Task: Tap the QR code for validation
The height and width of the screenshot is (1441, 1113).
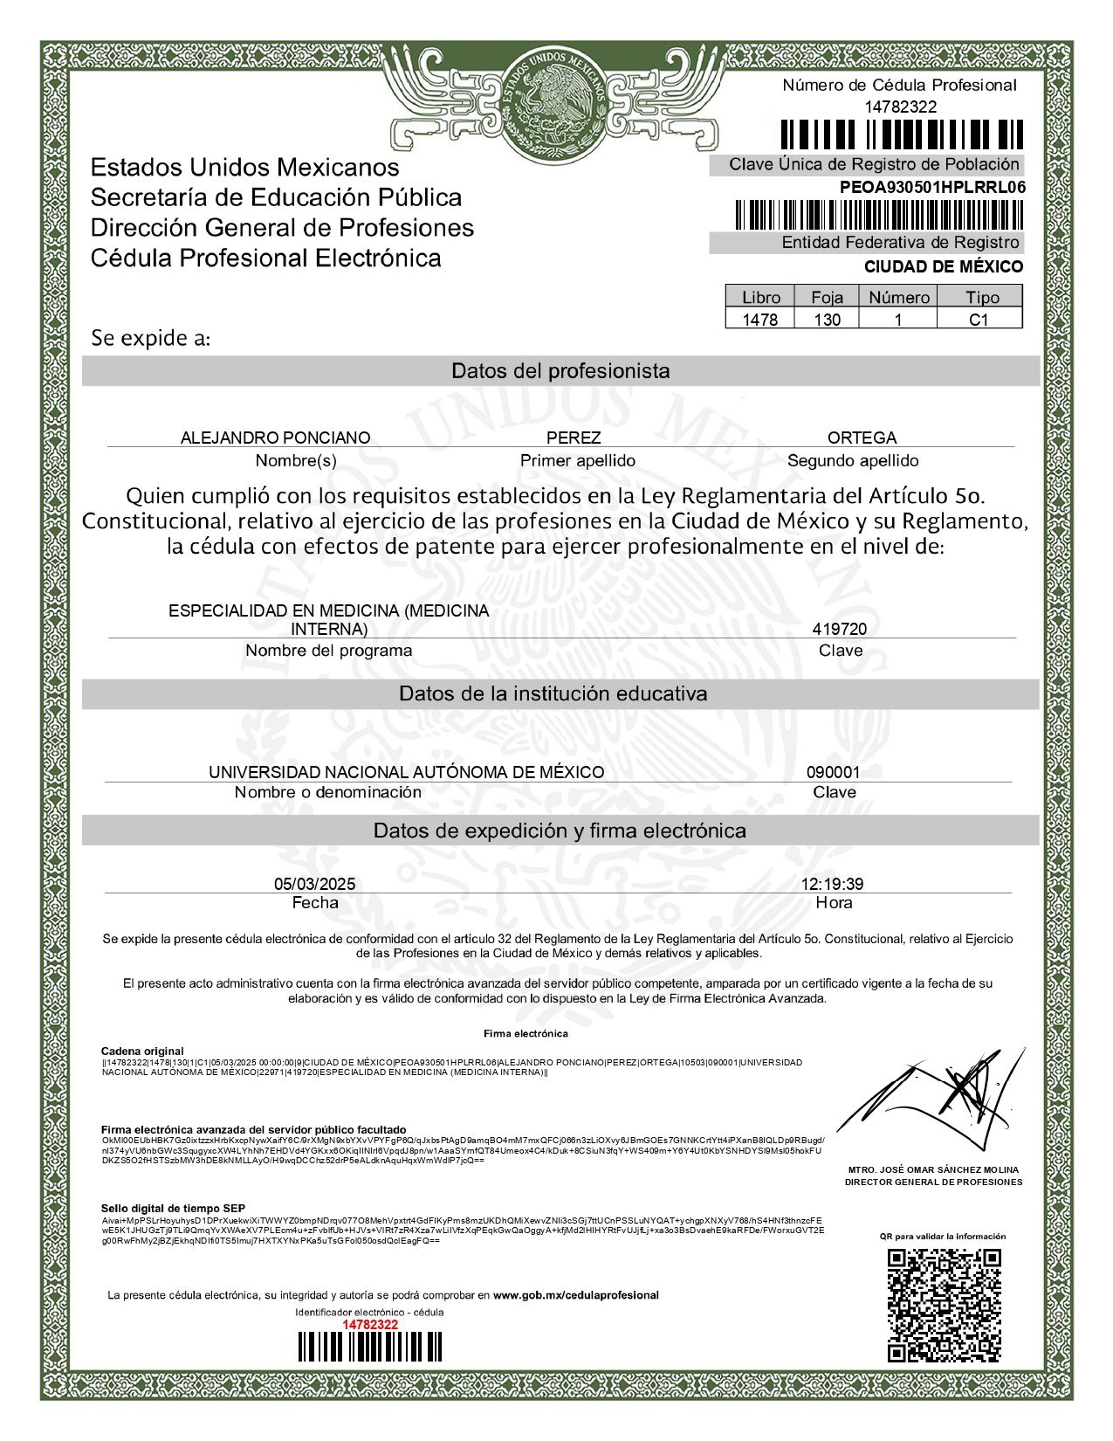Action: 944,1305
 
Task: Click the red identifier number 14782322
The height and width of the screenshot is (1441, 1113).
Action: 370,1324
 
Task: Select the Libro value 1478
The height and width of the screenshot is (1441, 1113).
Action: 759,320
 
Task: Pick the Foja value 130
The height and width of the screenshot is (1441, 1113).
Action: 827,320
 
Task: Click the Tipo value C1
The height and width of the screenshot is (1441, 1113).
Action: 979,320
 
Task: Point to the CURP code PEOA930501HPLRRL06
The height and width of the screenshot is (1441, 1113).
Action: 932,187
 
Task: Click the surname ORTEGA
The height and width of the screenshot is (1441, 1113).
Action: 862,438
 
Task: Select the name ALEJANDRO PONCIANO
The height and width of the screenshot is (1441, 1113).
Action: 275,438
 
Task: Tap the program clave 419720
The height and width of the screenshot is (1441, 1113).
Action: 839,629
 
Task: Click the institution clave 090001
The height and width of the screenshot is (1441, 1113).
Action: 833,772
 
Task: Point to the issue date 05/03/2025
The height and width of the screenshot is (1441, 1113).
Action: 314,884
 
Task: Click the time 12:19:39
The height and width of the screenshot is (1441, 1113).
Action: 832,884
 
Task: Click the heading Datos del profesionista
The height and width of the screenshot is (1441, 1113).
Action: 560,371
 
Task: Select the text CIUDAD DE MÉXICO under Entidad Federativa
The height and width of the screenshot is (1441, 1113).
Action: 943,266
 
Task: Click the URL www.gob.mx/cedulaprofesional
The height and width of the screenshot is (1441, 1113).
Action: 575,1294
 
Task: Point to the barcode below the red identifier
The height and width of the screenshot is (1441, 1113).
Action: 370,1347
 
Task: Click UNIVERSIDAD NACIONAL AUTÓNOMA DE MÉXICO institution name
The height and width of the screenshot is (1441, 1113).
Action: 406,772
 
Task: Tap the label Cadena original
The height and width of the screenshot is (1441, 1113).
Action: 142,1051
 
